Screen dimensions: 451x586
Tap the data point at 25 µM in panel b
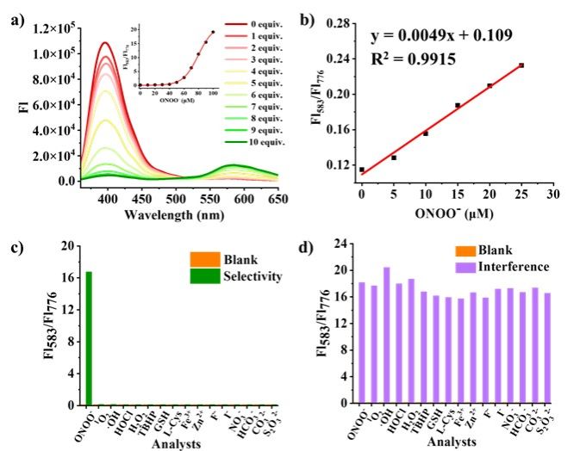pyautogui.click(x=521, y=65)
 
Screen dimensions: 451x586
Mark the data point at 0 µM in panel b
pyautogui.click(x=362, y=170)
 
